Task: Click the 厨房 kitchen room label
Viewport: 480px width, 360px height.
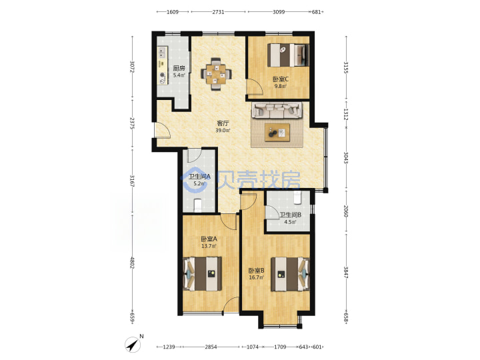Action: coord(179,68)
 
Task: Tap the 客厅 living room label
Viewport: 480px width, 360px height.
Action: coord(223,123)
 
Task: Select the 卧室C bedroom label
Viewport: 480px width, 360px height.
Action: coord(281,79)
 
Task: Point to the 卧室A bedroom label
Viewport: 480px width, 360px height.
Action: coord(209,239)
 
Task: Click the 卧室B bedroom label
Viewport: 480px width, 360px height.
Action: coord(256,271)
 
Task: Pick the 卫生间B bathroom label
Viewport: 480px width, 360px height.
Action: coord(290,215)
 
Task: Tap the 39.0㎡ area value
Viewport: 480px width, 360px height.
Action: coord(223,131)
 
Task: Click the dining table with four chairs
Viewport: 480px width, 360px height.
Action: coord(216,74)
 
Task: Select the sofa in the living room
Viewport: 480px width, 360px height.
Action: coord(277,111)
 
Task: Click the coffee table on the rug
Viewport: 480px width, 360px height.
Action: coord(277,133)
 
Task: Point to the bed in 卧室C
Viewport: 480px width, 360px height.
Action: coord(288,55)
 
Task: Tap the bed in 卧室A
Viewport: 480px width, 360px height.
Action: coord(202,274)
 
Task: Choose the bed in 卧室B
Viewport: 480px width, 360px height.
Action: coord(290,274)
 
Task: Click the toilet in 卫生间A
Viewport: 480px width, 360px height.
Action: coord(198,205)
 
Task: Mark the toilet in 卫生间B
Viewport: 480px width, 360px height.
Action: coord(297,197)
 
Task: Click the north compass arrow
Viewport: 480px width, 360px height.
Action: coord(133,345)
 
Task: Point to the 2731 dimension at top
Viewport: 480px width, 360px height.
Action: coord(218,12)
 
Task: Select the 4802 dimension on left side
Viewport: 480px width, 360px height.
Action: coord(132,263)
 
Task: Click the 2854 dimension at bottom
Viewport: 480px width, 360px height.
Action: coord(211,347)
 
